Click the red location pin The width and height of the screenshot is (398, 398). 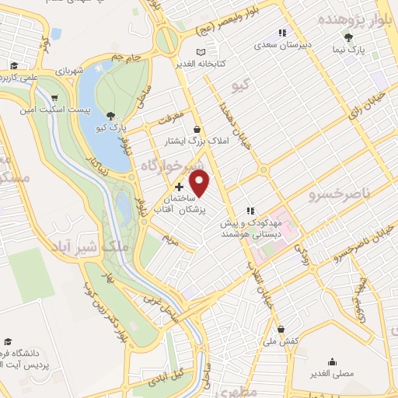(x=201, y=183)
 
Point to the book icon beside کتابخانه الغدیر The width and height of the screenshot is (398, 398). (x=203, y=51)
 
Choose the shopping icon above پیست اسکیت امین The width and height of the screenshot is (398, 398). (x=54, y=98)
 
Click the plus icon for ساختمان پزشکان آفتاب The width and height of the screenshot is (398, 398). (x=180, y=187)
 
